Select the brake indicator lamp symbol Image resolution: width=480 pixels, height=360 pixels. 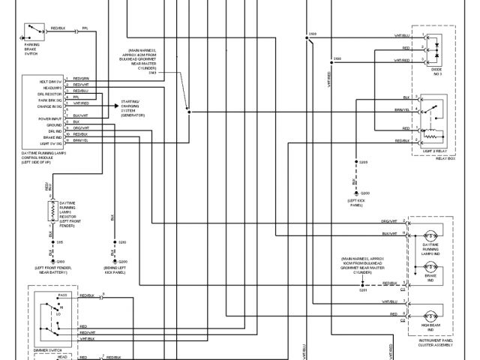pyautogui.click(x=430, y=268)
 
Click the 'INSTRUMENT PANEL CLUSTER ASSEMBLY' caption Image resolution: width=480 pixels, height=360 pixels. pyautogui.click(x=430, y=342)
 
